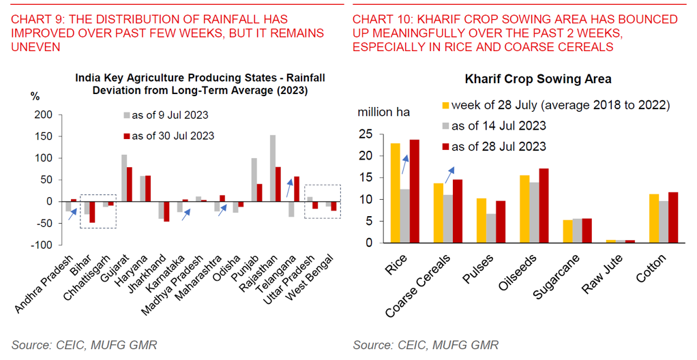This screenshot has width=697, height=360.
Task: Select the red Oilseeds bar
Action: click(x=544, y=205)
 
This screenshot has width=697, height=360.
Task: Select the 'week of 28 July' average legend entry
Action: click(x=556, y=105)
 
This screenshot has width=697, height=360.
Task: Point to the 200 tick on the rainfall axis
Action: click(x=43, y=115)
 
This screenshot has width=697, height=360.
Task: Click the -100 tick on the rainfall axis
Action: click(x=41, y=245)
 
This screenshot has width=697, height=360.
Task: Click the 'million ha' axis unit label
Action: click(x=383, y=112)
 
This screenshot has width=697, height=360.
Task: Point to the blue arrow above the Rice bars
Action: click(x=406, y=164)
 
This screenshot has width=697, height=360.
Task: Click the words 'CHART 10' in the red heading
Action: click(x=378, y=20)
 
